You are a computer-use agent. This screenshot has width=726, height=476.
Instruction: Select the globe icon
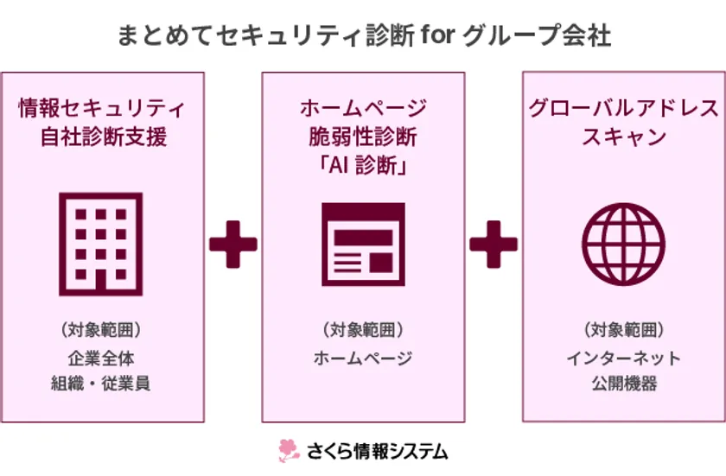click(x=624, y=244)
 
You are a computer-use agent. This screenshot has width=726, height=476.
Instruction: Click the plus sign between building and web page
click(x=232, y=244)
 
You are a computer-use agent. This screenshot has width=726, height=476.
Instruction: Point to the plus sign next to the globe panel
click(x=494, y=244)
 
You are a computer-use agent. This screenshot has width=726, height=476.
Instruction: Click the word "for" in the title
click(x=438, y=35)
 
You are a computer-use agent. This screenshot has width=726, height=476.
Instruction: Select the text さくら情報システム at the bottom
click(x=378, y=451)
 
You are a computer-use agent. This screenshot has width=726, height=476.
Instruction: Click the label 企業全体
click(x=101, y=358)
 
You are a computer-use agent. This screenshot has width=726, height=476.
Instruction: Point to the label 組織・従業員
click(x=100, y=384)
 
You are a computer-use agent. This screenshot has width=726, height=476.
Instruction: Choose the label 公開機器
click(x=624, y=384)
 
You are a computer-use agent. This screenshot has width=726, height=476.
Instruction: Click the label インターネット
click(x=624, y=358)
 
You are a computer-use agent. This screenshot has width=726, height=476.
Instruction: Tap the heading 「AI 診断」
click(x=363, y=165)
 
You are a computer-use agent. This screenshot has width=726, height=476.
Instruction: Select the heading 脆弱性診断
click(x=363, y=136)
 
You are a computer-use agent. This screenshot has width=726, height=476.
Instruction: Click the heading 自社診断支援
click(x=104, y=136)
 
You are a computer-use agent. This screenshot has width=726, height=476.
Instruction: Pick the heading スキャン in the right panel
click(x=624, y=136)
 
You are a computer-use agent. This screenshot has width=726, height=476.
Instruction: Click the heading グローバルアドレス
click(x=624, y=108)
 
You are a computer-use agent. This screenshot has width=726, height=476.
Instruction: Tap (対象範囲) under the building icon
click(x=101, y=330)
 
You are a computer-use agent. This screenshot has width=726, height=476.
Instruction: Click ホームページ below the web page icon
click(x=363, y=358)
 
